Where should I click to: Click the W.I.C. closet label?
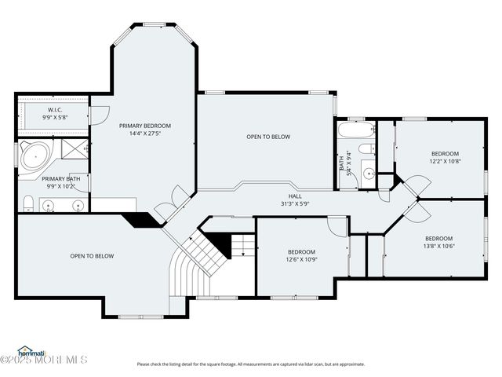(x=55, y=110)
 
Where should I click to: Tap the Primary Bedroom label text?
(x=145, y=126)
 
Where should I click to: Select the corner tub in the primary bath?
(x=34, y=158)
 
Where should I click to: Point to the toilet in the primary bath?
(x=27, y=205)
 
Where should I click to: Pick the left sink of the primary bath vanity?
(x=49, y=206)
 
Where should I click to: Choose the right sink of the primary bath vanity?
(x=78, y=206)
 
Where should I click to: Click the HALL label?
(x=295, y=196)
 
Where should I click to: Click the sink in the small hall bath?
(x=368, y=174)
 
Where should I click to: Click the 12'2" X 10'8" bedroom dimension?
(x=445, y=161)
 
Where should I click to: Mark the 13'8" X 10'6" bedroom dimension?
(x=439, y=246)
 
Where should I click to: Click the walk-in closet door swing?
(x=100, y=115)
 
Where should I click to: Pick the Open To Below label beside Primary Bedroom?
(x=268, y=137)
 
